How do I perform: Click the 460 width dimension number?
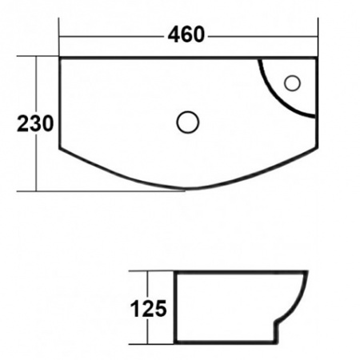186,35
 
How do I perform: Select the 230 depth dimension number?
37,124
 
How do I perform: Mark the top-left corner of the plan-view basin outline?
61,58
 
